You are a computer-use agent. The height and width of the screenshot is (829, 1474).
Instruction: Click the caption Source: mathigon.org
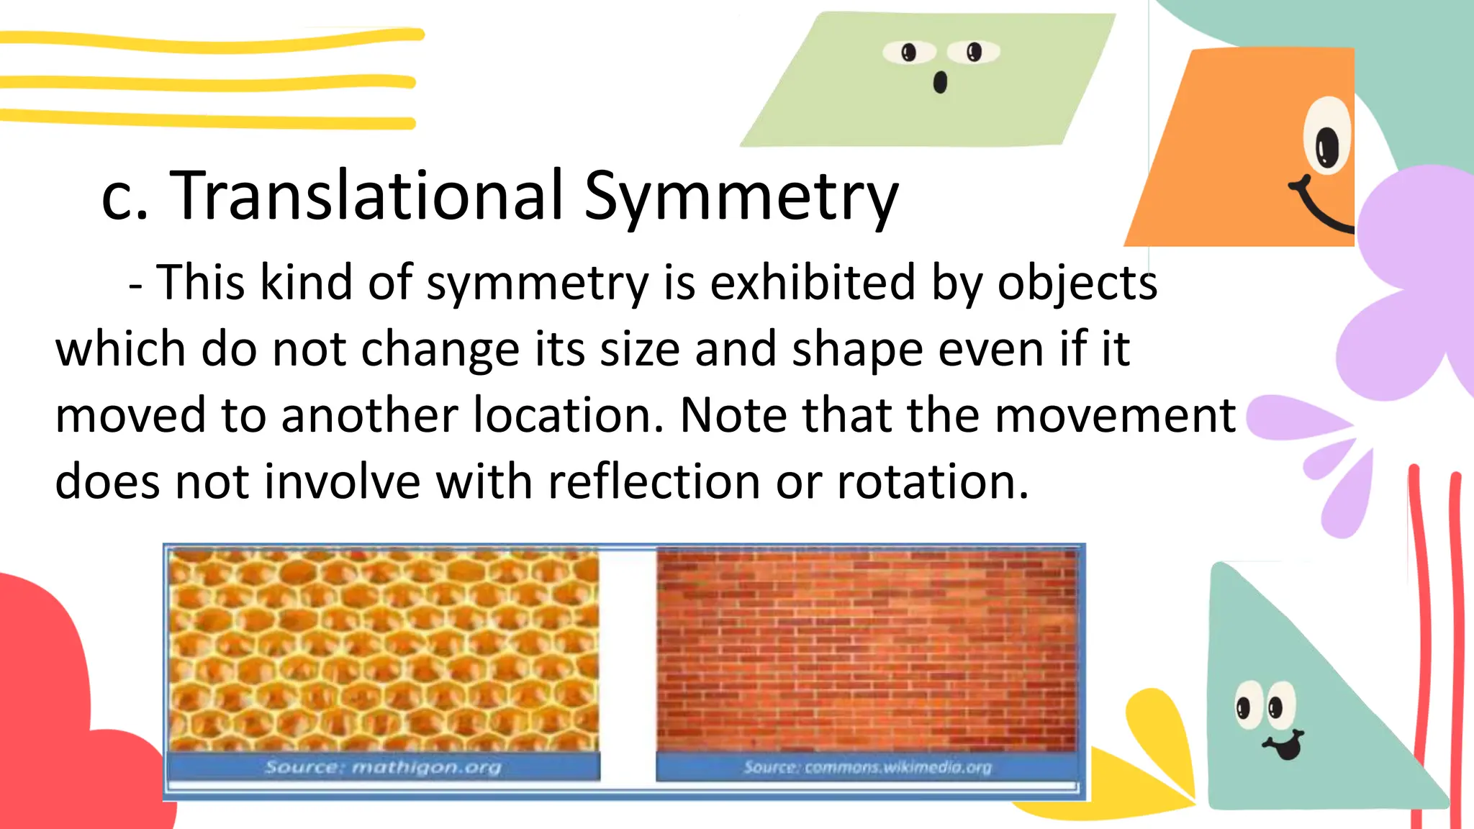pos(383,767)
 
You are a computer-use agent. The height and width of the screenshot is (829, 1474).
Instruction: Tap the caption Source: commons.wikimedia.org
pos(867,768)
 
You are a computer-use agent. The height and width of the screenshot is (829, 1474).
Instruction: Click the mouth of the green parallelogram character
pos(940,83)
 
